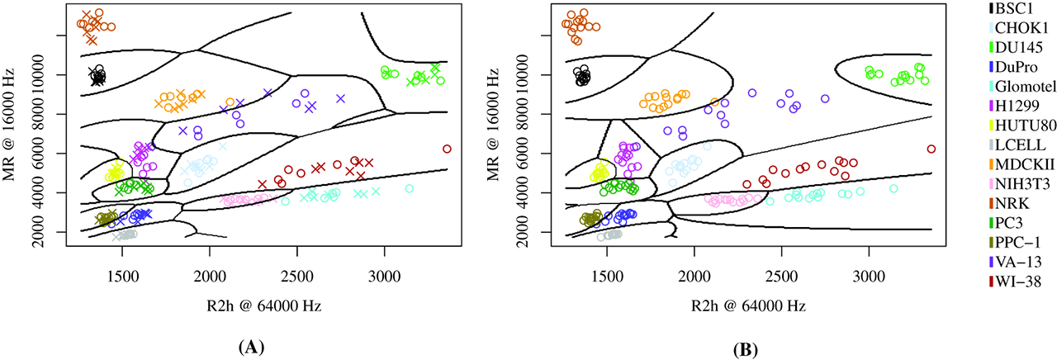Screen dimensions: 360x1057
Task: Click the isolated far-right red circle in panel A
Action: pos(447,149)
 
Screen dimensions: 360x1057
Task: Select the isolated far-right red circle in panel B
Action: pos(931,149)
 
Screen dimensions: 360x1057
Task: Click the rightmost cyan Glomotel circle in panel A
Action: pos(409,188)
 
